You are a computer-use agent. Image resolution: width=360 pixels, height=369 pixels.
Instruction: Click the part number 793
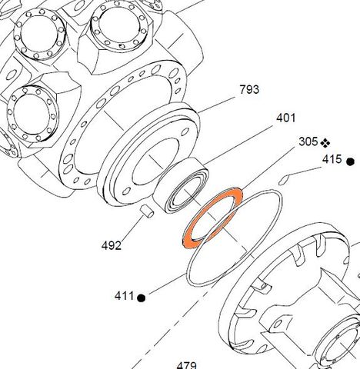249,90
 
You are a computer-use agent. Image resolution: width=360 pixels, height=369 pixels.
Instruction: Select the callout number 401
286,118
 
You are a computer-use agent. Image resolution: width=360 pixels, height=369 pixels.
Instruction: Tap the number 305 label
308,142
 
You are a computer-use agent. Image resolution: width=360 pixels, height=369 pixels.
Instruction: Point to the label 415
332,160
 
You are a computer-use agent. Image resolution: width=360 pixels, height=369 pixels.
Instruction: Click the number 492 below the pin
112,246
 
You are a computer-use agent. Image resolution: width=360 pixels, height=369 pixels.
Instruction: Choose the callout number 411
125,296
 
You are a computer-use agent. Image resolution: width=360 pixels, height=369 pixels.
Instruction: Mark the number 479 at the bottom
187,365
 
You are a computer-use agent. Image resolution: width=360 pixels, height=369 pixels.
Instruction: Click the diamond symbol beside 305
325,142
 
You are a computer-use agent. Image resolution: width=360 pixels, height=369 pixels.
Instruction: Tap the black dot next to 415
350,161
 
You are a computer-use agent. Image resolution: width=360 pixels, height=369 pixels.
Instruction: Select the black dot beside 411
142,298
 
